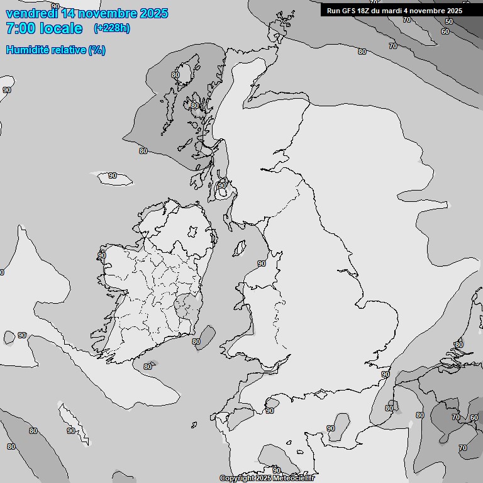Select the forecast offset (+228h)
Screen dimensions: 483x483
pyautogui.click(x=112, y=28)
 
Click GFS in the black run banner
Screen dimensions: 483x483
pyautogui.click(x=349, y=11)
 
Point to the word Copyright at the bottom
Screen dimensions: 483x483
pyautogui.click(x=236, y=478)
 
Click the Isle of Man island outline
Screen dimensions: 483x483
pyautogui.click(x=240, y=248)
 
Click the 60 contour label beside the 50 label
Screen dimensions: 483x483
pyautogui.click(x=445, y=31)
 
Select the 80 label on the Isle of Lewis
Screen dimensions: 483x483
pyautogui.click(x=175, y=75)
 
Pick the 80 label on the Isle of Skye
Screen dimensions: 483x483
pyautogui.click(x=194, y=106)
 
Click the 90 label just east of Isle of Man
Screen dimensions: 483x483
pyautogui.click(x=262, y=264)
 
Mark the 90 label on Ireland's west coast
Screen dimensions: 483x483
pyautogui.click(x=102, y=255)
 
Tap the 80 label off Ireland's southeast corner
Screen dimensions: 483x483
pyautogui.click(x=196, y=341)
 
